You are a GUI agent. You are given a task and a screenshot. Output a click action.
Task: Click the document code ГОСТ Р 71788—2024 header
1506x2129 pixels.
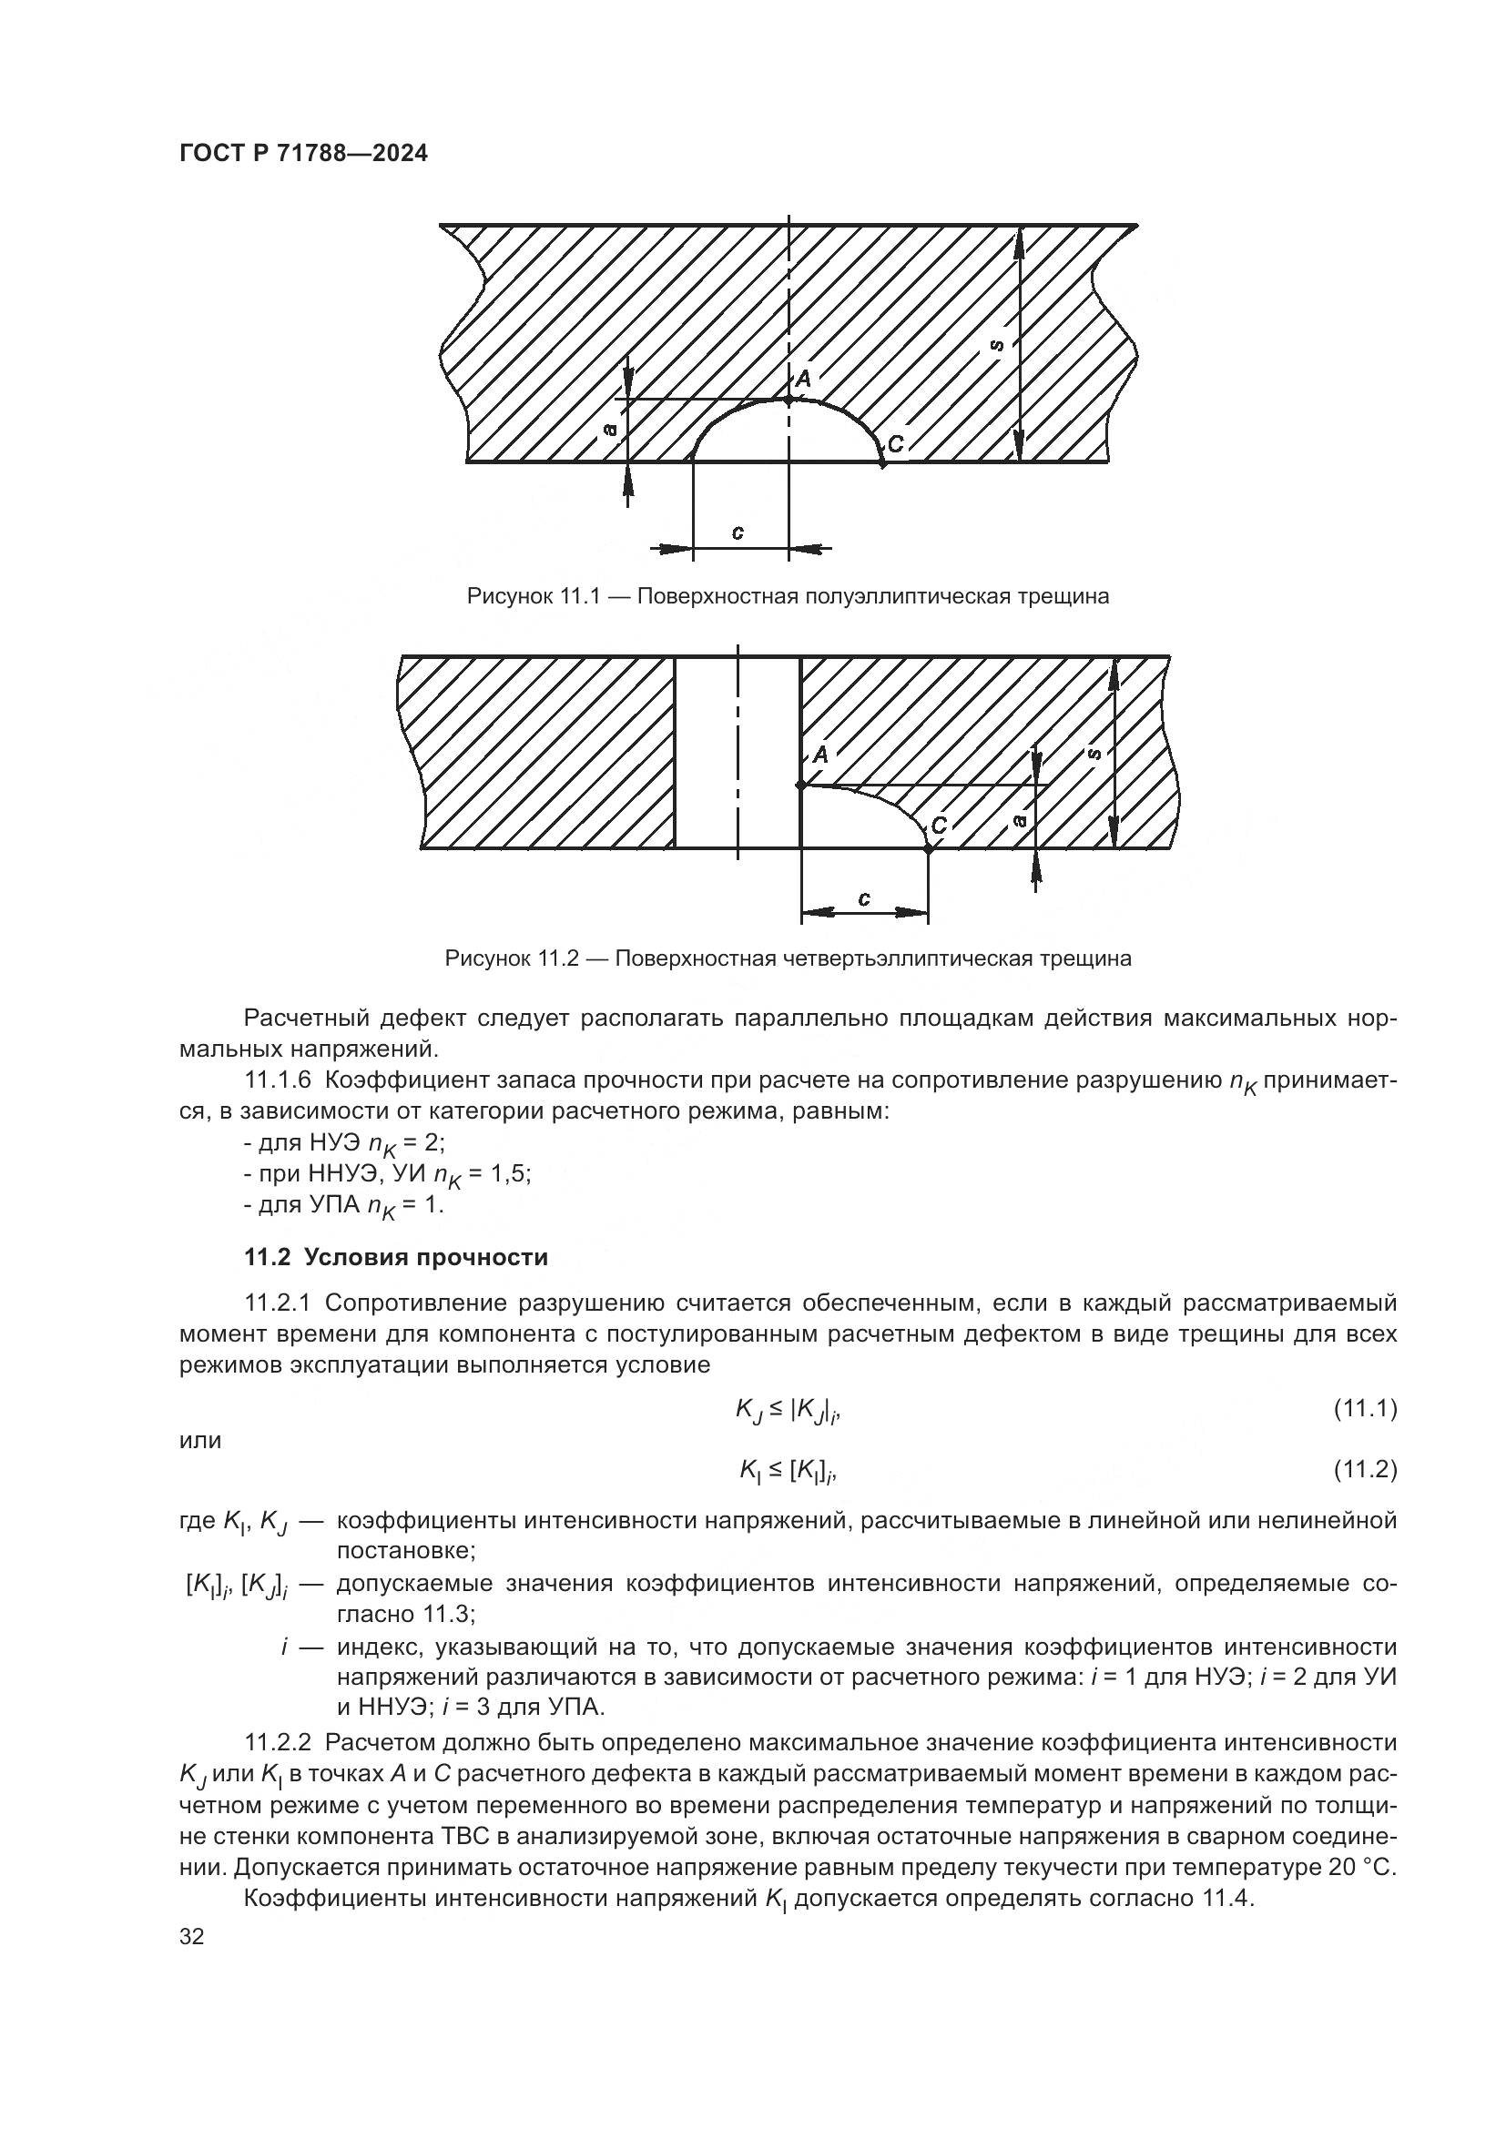click(303, 154)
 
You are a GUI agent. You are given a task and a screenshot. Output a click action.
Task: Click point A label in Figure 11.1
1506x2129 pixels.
click(803, 379)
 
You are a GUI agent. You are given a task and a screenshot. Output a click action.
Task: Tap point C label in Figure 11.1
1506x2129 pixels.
click(895, 445)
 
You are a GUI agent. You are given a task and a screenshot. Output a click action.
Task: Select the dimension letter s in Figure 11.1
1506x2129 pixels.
click(997, 345)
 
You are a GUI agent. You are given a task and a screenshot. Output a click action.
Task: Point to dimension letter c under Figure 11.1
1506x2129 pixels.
click(738, 533)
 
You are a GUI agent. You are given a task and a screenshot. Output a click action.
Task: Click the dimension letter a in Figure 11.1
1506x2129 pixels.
click(609, 430)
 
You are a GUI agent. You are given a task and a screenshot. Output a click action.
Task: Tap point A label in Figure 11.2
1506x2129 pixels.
click(819, 755)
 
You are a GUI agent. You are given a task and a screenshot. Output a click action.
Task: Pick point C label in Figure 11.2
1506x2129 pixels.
click(939, 826)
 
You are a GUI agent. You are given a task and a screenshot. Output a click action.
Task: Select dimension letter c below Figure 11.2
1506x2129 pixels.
click(864, 898)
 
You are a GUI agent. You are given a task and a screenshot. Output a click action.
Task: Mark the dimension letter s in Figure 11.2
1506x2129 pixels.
click(1095, 755)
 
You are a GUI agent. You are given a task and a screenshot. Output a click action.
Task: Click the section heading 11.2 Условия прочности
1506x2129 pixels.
click(396, 1257)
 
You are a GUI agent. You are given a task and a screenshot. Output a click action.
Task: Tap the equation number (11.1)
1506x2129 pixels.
click(1364, 1409)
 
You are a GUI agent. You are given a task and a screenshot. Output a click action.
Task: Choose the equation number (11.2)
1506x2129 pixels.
click(1364, 1470)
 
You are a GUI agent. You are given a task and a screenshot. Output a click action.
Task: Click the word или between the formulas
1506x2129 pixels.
click(200, 1440)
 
